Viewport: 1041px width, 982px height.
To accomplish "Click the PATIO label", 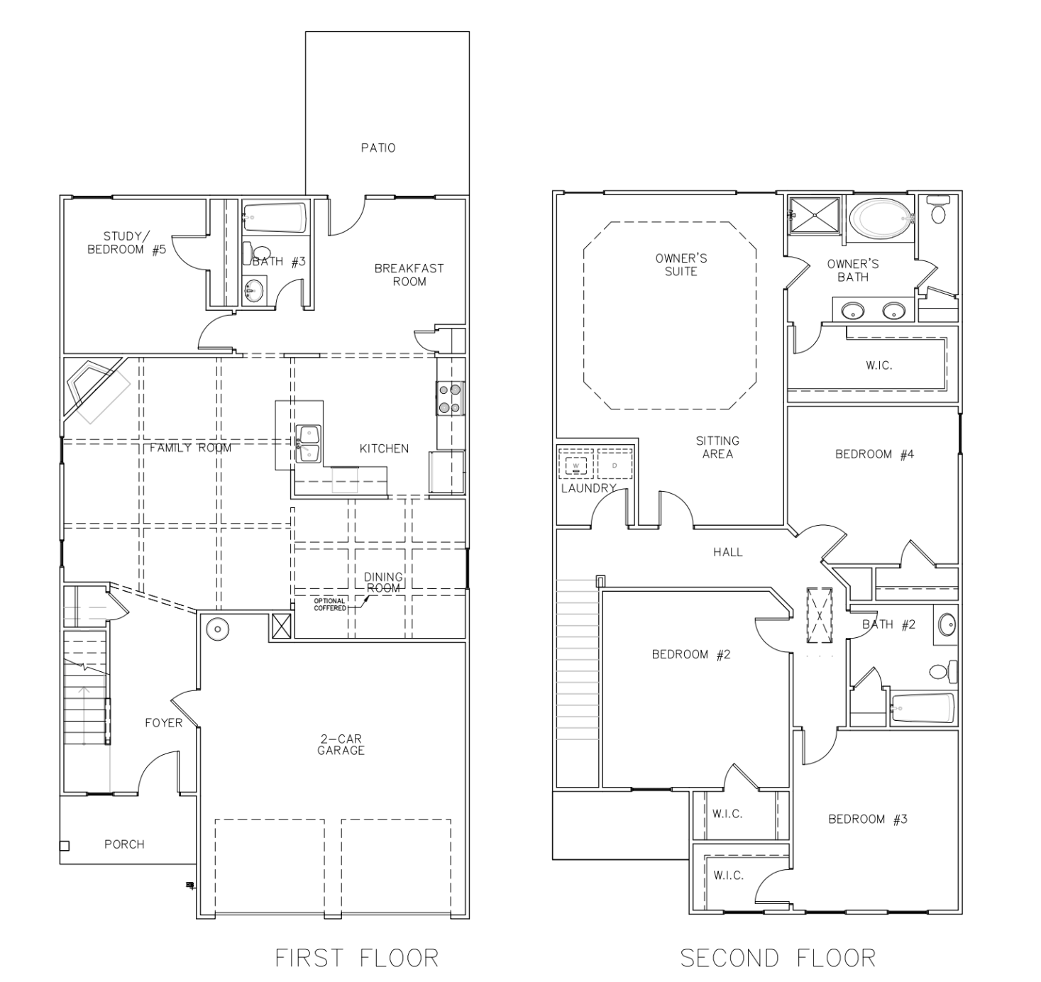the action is [x=378, y=148].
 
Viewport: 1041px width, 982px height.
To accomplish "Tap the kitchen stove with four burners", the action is [x=451, y=398].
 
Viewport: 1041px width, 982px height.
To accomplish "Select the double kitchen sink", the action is [x=308, y=443].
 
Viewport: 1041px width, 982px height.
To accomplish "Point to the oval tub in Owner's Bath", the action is [x=880, y=219].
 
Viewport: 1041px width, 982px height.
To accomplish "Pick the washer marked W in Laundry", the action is [x=576, y=464].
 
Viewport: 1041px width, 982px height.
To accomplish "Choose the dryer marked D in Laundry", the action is [x=615, y=464].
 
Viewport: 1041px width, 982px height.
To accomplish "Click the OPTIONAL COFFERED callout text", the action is [x=330, y=605].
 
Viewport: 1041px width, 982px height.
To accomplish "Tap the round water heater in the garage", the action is [x=218, y=629].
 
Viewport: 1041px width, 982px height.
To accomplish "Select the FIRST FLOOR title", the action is [x=356, y=959].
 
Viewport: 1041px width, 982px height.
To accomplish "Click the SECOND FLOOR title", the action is [x=777, y=959].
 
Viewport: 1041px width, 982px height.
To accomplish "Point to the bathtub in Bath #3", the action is [x=274, y=218].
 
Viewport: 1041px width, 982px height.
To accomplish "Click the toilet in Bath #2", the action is [x=943, y=672].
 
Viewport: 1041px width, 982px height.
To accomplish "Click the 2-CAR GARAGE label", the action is [x=341, y=744].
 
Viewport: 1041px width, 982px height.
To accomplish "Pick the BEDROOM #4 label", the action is [x=874, y=454].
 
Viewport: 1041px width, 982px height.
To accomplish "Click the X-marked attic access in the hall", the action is [x=820, y=615].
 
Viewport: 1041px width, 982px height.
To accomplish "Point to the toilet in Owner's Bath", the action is [x=938, y=210].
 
